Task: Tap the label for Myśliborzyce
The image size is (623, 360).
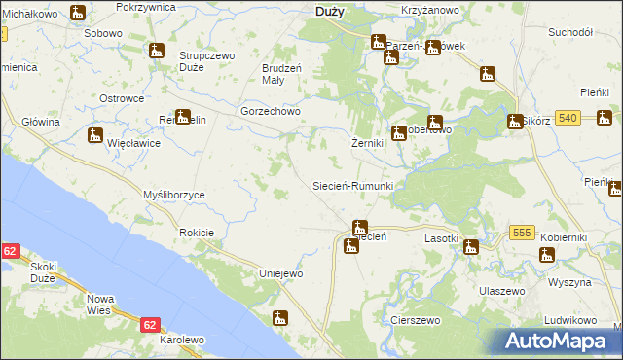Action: pos(174,195)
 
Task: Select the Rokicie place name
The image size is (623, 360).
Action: pos(197,234)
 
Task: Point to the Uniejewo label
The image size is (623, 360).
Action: pos(280,273)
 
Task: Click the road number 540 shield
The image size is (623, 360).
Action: pos(569,118)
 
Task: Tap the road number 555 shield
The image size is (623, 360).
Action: pos(523,234)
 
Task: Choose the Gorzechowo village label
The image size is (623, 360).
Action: pos(272,111)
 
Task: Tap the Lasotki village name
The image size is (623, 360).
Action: pos(441,237)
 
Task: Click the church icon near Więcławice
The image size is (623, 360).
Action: pos(94,135)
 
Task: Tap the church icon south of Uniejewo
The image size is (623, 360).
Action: pos(280,317)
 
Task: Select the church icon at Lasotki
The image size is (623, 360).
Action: pos(471,246)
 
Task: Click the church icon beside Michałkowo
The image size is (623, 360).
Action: pos(78,14)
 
